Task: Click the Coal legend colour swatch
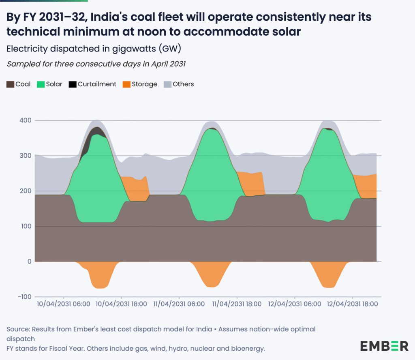pos(10,84)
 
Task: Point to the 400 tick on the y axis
pos(25,120)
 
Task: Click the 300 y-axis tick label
pos(25,156)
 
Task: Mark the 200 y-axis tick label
pos(25,191)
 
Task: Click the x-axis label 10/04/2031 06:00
pos(64,304)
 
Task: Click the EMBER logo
pos(384,346)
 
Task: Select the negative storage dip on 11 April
pos(211,276)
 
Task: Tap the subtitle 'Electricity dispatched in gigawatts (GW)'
pos(94,49)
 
